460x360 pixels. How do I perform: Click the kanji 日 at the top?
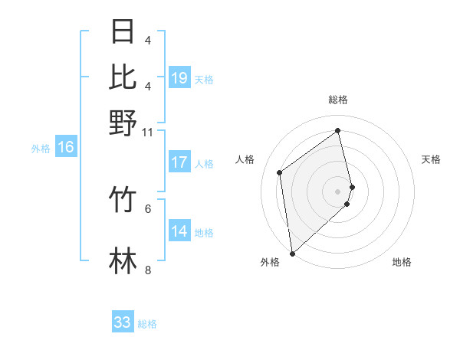pyautogui.click(x=123, y=31)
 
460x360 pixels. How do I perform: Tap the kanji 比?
pyautogui.click(x=123, y=77)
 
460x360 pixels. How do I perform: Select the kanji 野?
pyautogui.click(x=123, y=123)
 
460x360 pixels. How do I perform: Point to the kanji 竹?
pyautogui.click(x=123, y=200)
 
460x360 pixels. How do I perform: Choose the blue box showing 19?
pyautogui.click(x=179, y=78)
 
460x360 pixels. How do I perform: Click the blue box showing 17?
pyautogui.click(x=179, y=162)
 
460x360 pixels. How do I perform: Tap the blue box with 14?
pyautogui.click(x=179, y=231)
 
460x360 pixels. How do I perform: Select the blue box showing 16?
pyautogui.click(x=66, y=147)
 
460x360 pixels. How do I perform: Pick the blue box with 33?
pyautogui.click(x=123, y=322)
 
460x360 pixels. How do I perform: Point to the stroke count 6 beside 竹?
pyautogui.click(x=148, y=208)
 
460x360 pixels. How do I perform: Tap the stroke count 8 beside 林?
pyautogui.click(x=148, y=269)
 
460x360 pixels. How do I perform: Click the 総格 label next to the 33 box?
pyautogui.click(x=147, y=324)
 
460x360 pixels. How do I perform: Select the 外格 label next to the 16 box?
pyautogui.click(x=41, y=149)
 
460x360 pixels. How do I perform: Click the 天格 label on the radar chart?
pyautogui.click(x=431, y=159)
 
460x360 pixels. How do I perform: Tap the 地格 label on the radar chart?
pyautogui.click(x=402, y=262)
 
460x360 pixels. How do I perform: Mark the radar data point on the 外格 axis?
pyautogui.click(x=292, y=253)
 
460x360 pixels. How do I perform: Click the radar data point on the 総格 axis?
pyautogui.click(x=338, y=130)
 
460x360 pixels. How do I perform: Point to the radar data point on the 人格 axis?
pyautogui.click(x=280, y=172)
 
